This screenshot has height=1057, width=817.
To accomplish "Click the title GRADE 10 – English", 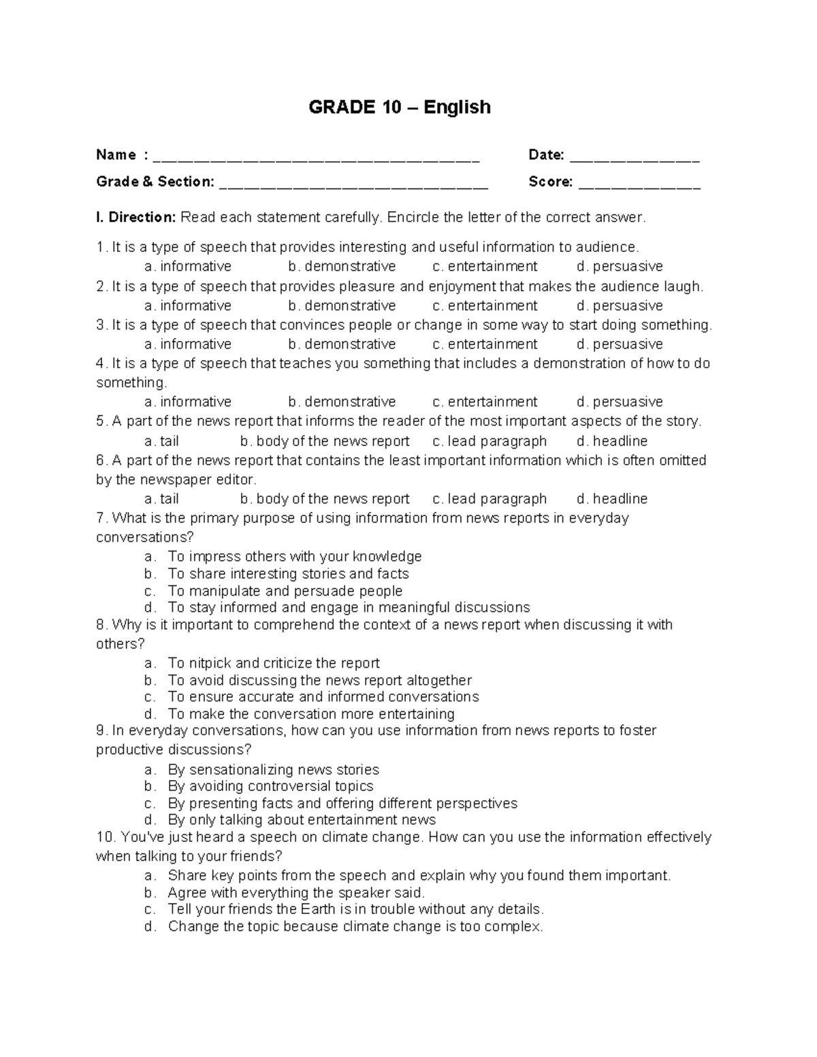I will coord(400,108).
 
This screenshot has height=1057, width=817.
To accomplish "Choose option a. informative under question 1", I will coord(188,267).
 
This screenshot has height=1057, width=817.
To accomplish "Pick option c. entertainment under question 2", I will coord(485,306).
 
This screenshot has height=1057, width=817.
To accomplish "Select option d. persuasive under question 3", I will coord(620,344).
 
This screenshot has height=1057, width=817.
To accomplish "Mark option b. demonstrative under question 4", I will coord(342,402).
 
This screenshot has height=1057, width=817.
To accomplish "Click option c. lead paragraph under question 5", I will coord(490,441).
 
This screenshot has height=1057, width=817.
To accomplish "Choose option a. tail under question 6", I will coord(162,499).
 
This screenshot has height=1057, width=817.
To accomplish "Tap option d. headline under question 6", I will coord(612,499).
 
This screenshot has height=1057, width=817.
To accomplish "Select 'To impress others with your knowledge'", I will coord(295,557).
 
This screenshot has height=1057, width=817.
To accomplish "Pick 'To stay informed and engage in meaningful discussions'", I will coord(349,607).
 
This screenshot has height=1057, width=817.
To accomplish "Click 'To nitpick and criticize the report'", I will coord(274,664).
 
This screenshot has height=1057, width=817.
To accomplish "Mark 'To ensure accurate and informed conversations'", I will coord(323,697).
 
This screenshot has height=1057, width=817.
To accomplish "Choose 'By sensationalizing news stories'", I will coord(273,770).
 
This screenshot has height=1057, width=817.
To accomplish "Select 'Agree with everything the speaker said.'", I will coord(296,892).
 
